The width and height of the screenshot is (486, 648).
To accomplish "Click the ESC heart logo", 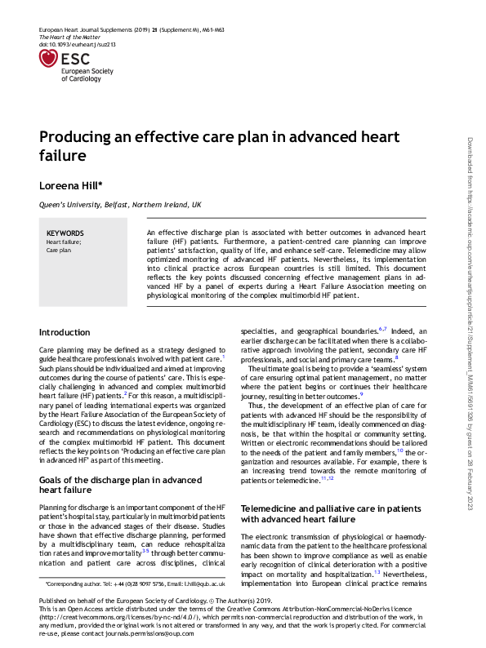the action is (51, 58).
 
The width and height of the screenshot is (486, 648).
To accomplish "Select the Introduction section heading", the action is (65, 332).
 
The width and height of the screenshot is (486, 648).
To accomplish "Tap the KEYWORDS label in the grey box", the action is (65, 233).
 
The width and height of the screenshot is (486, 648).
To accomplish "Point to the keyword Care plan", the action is (60, 250).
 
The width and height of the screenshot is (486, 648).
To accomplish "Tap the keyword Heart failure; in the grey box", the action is (64, 242).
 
